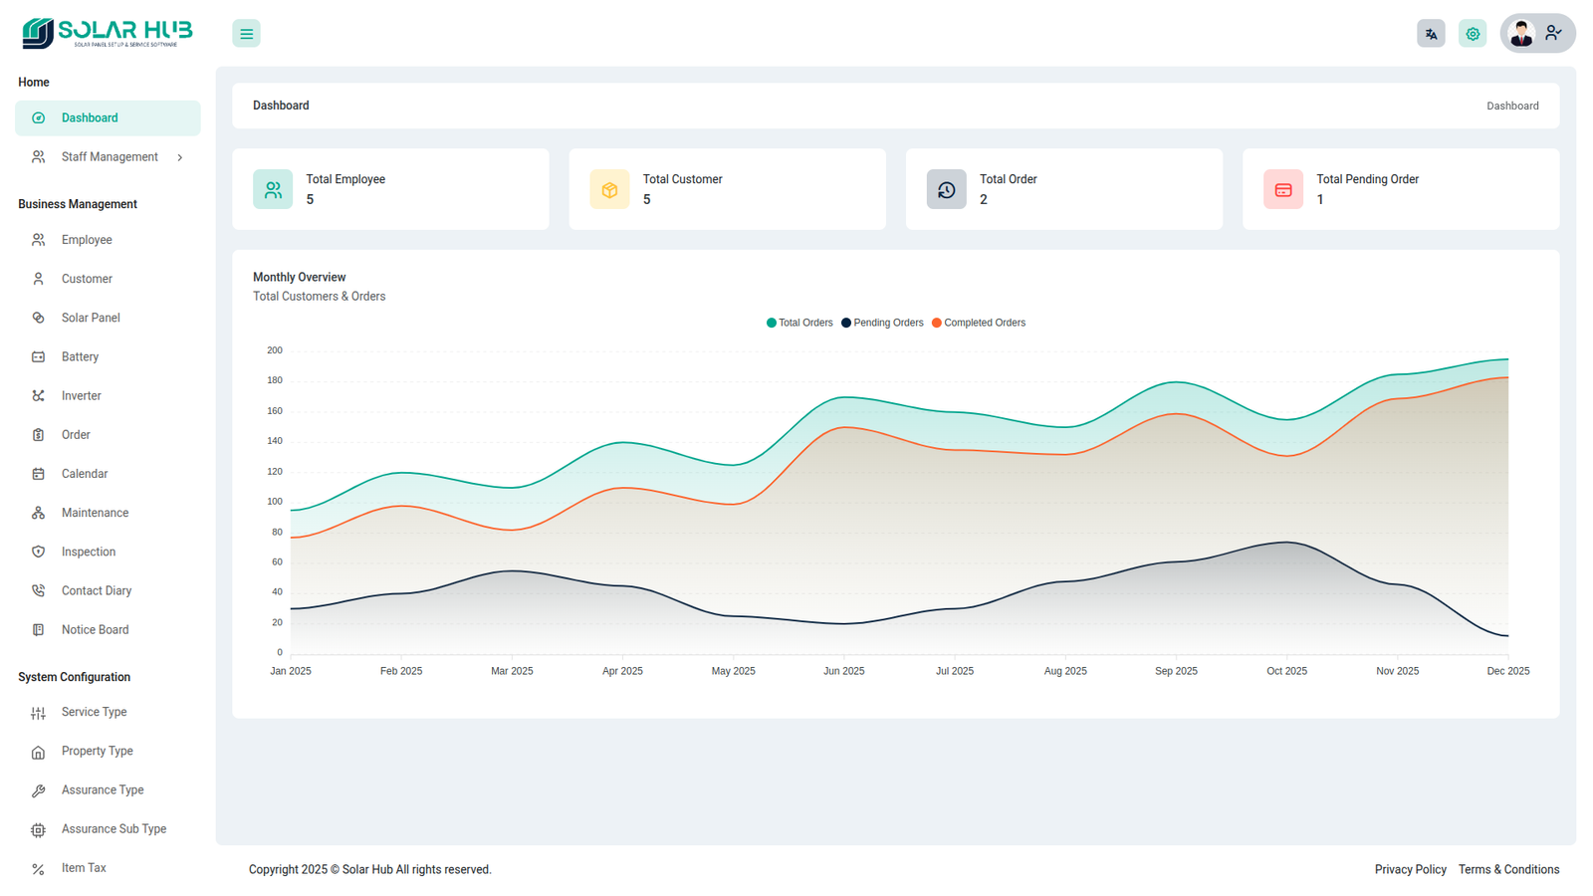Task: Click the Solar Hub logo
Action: pos(107,33)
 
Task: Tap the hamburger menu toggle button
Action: pos(246,34)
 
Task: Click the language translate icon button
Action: pos(1431,34)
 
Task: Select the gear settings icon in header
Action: pos(1473,34)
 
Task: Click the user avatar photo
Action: pos(1521,34)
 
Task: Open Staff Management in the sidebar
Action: pos(110,157)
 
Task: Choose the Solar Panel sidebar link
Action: pos(91,318)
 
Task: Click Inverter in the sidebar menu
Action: pos(82,396)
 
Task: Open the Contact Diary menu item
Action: pos(97,591)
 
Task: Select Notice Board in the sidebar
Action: pos(95,630)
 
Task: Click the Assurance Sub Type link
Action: pos(114,829)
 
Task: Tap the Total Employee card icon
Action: pos(273,189)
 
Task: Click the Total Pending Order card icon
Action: pos(1283,189)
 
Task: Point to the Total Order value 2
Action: pos(984,200)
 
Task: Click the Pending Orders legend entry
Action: pos(882,323)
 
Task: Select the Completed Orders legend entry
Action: pos(979,323)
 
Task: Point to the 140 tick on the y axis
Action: pos(275,441)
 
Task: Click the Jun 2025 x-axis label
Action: pos(844,671)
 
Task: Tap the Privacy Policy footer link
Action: pos(1410,870)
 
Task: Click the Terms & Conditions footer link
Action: pos(1508,870)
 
